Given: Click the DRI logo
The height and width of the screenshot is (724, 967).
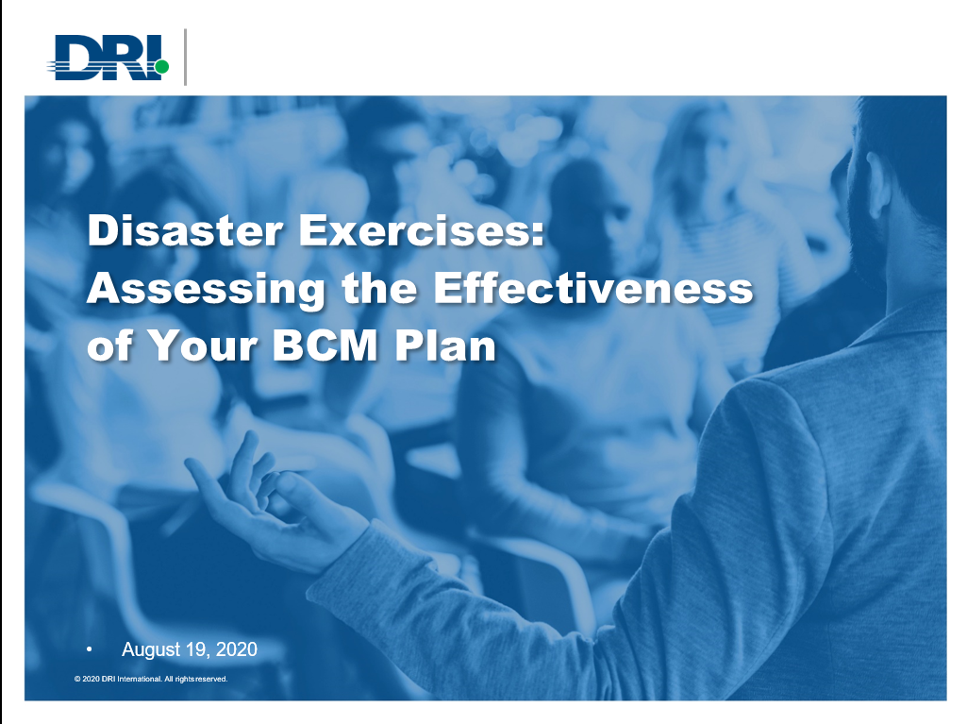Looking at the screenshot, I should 109,58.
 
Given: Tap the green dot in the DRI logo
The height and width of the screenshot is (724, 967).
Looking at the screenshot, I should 161,67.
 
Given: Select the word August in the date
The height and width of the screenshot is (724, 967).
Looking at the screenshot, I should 152,649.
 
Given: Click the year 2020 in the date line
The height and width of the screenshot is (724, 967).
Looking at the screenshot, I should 236,649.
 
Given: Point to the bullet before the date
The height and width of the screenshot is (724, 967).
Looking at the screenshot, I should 90,649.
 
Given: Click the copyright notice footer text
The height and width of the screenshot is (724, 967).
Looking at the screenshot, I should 151,679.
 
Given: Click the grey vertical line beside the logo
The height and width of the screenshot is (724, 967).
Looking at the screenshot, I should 185,57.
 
